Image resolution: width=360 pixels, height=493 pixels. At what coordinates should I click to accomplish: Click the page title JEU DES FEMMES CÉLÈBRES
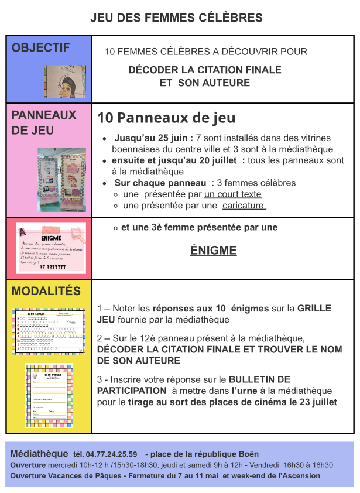176,18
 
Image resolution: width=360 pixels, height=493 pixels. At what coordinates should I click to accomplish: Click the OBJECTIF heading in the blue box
40,48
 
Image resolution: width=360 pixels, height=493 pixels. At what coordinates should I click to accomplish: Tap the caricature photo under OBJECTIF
65,81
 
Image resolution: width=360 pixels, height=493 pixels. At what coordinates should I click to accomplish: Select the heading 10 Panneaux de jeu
166,118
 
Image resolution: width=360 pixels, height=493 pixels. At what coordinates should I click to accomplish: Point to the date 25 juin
173,138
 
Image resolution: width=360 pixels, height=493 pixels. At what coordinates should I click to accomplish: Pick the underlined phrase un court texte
232,194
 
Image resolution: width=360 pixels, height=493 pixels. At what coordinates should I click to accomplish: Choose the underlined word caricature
244,206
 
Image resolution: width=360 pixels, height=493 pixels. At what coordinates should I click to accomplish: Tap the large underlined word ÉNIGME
213,251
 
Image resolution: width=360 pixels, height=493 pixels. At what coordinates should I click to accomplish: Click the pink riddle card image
51,248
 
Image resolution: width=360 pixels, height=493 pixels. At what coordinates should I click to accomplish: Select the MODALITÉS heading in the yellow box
46,291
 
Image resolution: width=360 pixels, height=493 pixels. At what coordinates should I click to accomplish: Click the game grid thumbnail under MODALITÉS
50,331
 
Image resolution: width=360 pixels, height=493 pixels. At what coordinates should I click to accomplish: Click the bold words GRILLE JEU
214,314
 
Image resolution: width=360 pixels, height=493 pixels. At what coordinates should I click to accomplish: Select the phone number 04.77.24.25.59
111,454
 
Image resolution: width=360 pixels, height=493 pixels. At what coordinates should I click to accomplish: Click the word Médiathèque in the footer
39,454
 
